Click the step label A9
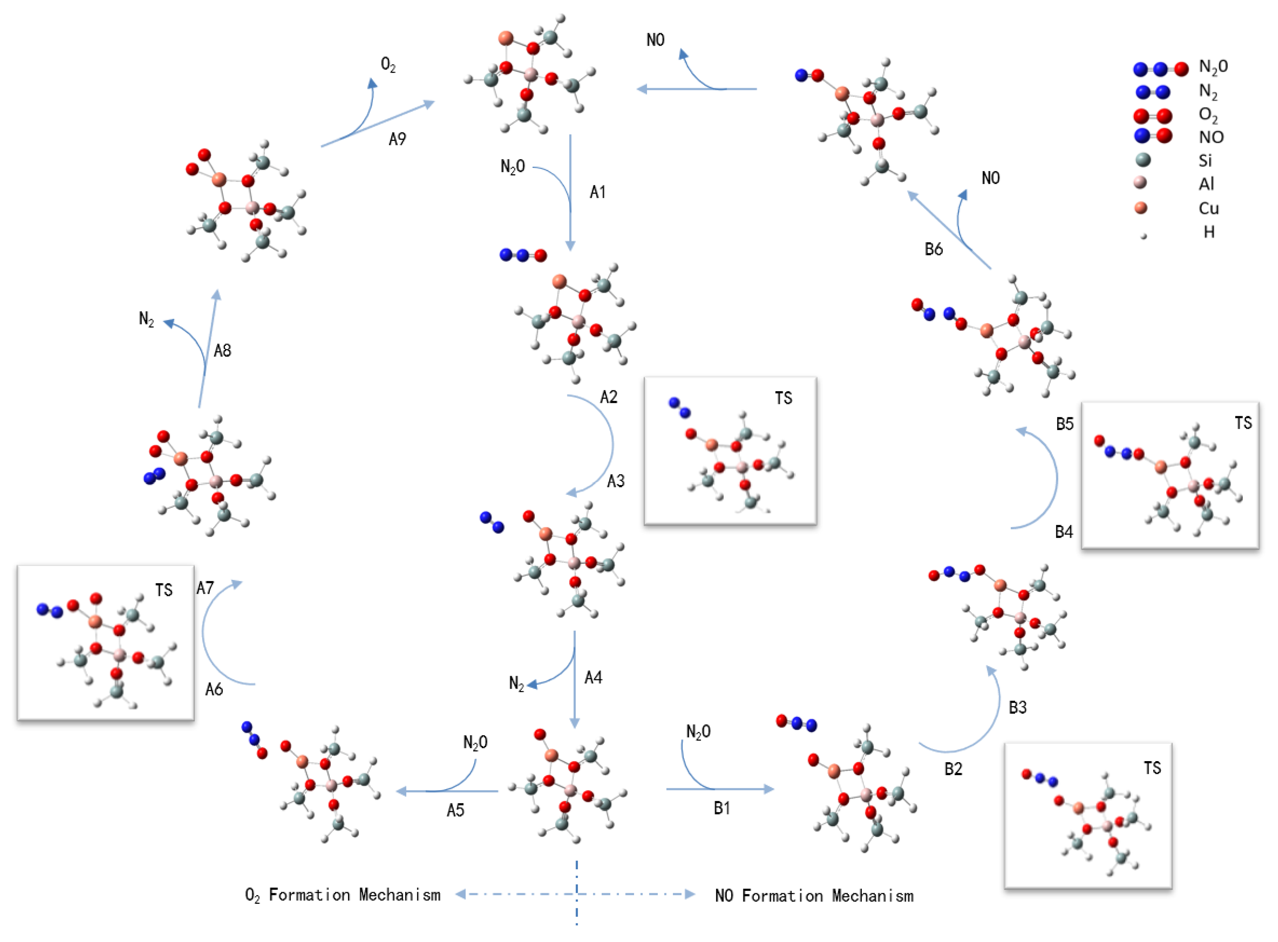(397, 139)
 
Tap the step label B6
(934, 249)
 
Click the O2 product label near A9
(388, 64)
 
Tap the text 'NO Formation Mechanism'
(814, 895)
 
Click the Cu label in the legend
(1208, 208)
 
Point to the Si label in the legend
(1205, 161)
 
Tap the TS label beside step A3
(783, 398)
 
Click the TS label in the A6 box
(164, 590)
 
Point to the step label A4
(593, 678)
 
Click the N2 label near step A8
(146, 319)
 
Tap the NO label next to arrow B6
(990, 178)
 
